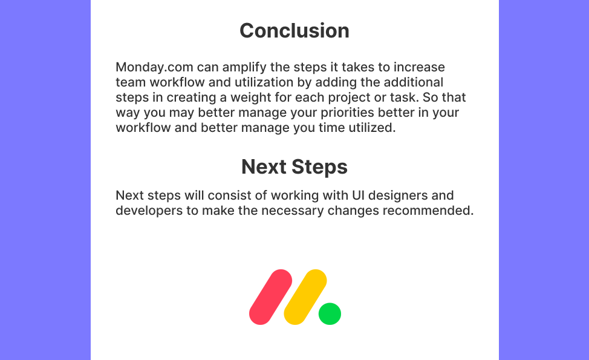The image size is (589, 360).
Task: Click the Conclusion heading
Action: tap(294, 30)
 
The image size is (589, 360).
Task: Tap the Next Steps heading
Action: tap(294, 166)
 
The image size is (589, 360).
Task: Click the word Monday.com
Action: tap(154, 67)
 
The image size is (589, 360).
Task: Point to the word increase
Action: tap(419, 67)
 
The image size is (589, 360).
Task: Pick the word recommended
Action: tap(428, 211)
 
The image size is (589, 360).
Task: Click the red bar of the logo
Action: tap(270, 297)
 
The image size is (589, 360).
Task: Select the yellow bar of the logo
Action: tap(305, 297)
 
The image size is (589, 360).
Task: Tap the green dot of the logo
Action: tap(330, 313)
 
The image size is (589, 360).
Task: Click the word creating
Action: tap(191, 97)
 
